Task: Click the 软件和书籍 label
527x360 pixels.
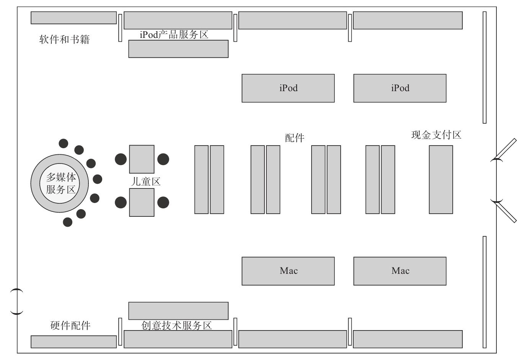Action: click(64, 39)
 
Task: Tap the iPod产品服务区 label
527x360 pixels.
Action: click(174, 34)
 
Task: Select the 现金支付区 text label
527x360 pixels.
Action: click(436, 135)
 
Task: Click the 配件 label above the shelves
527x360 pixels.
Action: click(295, 138)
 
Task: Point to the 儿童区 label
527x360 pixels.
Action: click(145, 181)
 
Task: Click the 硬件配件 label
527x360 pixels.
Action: click(70, 326)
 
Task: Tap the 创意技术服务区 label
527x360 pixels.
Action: click(176, 326)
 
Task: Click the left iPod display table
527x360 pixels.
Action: click(288, 88)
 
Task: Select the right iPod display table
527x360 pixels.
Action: click(400, 88)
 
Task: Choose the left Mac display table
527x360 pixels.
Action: click(288, 271)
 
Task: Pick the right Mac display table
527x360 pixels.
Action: click(400, 271)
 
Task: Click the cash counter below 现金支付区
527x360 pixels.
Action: click(441, 179)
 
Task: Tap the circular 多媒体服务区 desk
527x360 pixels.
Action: click(60, 183)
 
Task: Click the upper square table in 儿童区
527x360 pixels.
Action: click(142, 159)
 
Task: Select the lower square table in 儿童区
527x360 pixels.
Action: click(142, 202)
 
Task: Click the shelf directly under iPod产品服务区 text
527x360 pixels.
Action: click(178, 49)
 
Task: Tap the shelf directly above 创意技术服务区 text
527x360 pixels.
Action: click(178, 311)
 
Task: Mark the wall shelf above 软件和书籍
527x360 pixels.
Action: click(73, 18)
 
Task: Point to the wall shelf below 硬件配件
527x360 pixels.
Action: click(73, 342)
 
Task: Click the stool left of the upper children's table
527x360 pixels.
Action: click(121, 159)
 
